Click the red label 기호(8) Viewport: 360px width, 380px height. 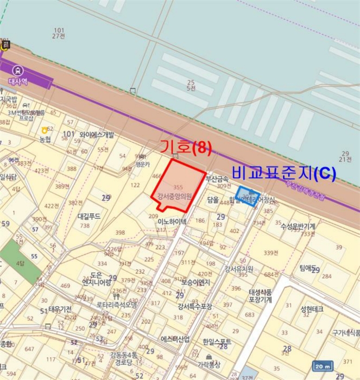185,147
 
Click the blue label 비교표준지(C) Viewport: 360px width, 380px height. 284,173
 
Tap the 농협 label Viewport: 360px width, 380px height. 45,139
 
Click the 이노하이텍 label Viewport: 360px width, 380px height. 172,221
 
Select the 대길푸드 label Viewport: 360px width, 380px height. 90,216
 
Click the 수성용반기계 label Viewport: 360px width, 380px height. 298,226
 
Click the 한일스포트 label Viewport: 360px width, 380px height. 217,341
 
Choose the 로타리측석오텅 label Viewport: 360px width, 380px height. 117,305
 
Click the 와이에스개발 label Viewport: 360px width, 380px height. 97,134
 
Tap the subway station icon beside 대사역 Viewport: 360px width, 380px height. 18,70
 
